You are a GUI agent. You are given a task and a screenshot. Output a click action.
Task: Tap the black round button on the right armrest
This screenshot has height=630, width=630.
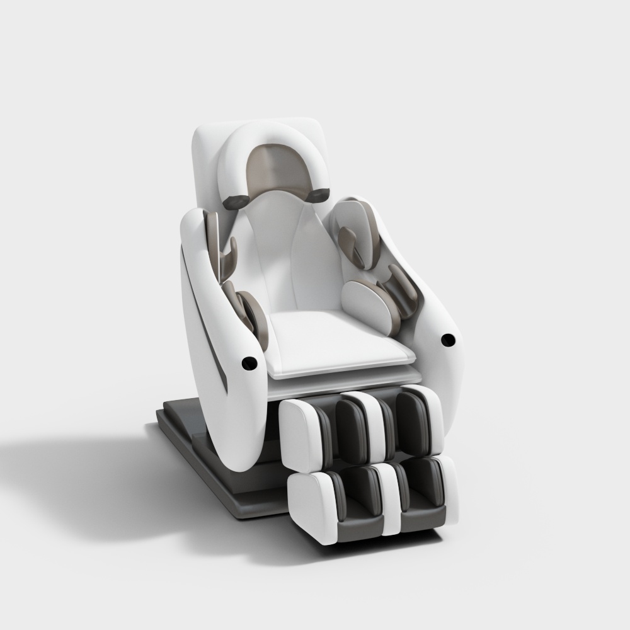(448, 340)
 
